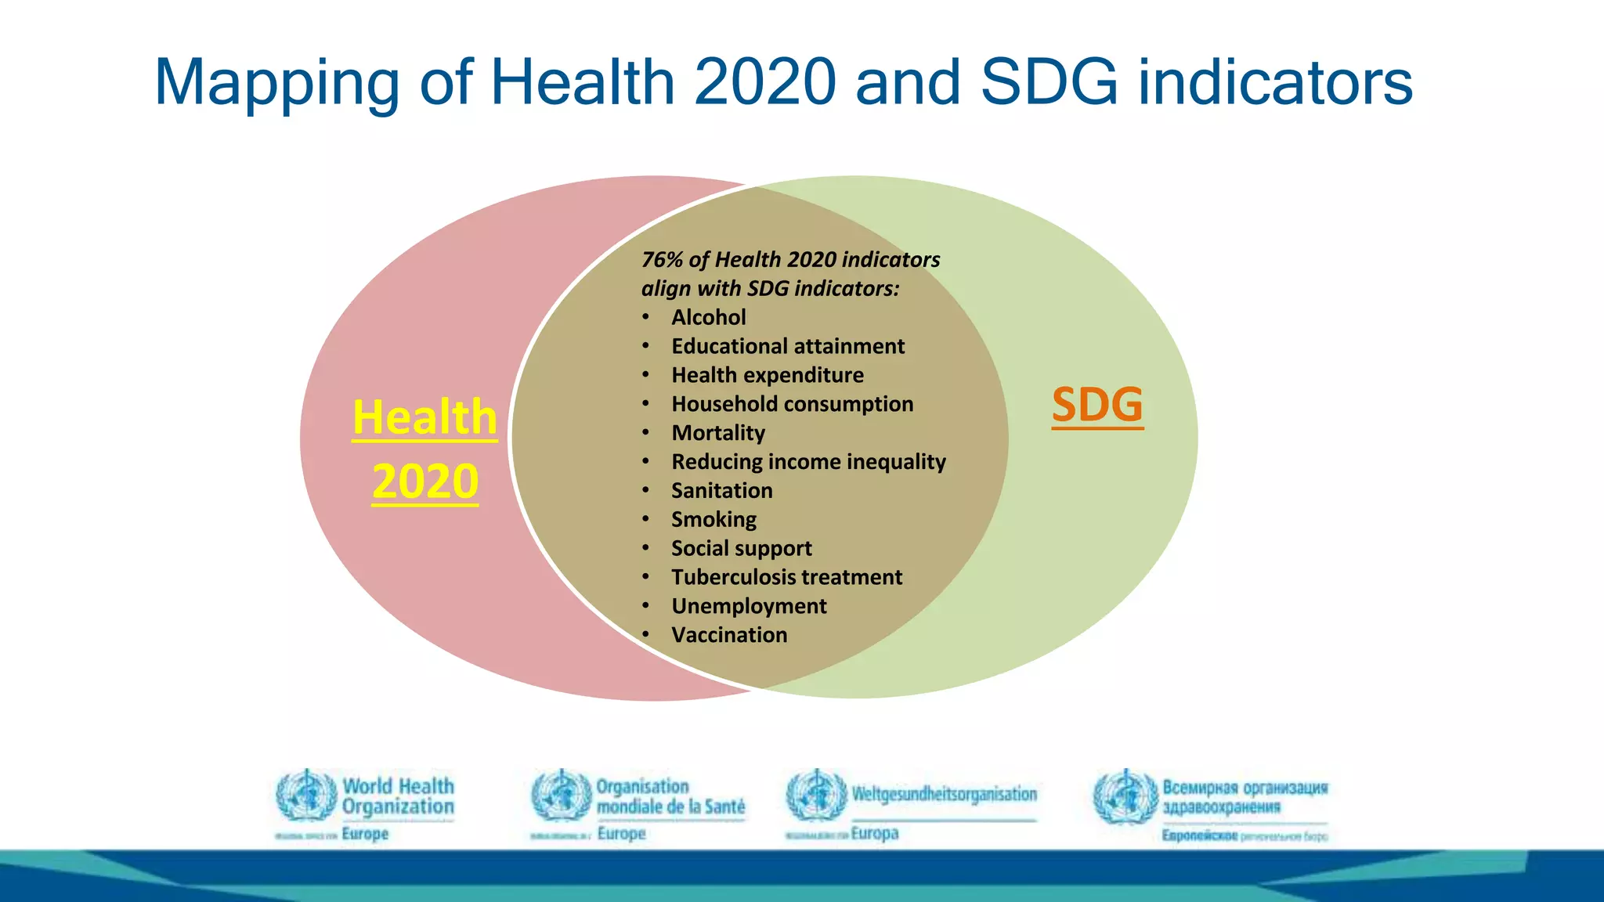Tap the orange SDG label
[1097, 405]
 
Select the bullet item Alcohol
[708, 317]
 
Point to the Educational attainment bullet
[787, 346]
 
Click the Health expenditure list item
[767, 375]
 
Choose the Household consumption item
[792, 404]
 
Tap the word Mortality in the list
[717, 433]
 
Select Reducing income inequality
[808, 462]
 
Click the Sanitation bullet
[721, 491]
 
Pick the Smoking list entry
[713, 520]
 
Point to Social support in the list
[741, 549]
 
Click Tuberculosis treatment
[786, 578]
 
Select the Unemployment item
[749, 607]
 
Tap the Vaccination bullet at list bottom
[729, 635]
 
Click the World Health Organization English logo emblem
[306, 796]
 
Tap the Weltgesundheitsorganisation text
[944, 794]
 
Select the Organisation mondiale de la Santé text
[670, 796]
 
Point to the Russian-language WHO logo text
[1244, 796]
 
